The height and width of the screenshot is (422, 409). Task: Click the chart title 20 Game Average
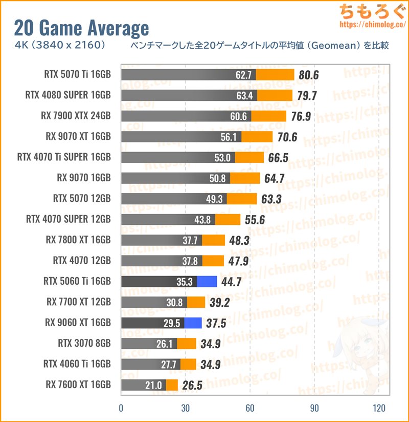(x=81, y=28)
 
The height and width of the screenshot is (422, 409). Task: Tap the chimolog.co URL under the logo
(x=373, y=24)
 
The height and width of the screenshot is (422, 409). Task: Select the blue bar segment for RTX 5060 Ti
(x=207, y=282)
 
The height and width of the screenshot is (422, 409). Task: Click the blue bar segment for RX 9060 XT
(x=193, y=323)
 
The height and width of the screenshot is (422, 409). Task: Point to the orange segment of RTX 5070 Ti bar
(x=275, y=75)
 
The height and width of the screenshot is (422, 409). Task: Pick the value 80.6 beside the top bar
(x=309, y=75)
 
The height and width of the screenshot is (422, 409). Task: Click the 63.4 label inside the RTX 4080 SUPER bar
(x=244, y=96)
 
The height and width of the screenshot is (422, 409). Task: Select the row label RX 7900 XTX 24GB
(x=76, y=116)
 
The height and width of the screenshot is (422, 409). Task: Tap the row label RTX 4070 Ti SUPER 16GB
(x=64, y=157)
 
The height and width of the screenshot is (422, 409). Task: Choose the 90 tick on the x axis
(x=314, y=408)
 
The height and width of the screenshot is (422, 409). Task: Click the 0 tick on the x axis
(x=121, y=408)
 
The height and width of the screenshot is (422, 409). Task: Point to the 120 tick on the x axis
(x=379, y=408)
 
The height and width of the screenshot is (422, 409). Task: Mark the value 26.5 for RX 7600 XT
(x=192, y=386)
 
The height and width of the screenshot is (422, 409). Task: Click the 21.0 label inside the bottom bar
(x=153, y=386)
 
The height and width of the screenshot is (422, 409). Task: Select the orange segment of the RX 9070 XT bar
(x=257, y=137)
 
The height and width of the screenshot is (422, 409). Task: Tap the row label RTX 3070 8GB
(x=84, y=343)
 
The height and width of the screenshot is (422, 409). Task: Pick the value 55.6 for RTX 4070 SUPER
(x=255, y=220)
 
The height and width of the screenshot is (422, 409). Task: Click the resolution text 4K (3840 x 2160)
(x=60, y=45)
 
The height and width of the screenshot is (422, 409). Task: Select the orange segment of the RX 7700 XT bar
(x=196, y=302)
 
